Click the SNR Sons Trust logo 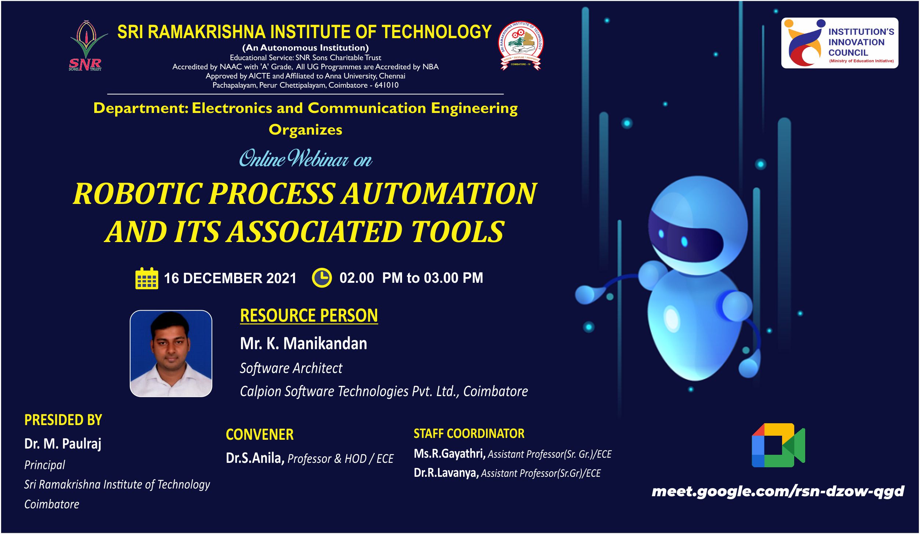(87, 45)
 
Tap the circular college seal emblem (521, 45)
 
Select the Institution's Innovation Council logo (840, 43)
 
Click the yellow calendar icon (147, 278)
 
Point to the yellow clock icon (322, 278)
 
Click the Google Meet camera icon (778, 445)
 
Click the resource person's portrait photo (171, 354)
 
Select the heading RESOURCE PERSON (309, 316)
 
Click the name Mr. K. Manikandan (303, 344)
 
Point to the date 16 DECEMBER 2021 (230, 278)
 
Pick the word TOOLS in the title (457, 232)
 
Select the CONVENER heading (260, 435)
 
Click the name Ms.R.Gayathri (450, 454)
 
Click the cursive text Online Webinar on (306, 158)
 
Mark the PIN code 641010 (387, 85)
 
